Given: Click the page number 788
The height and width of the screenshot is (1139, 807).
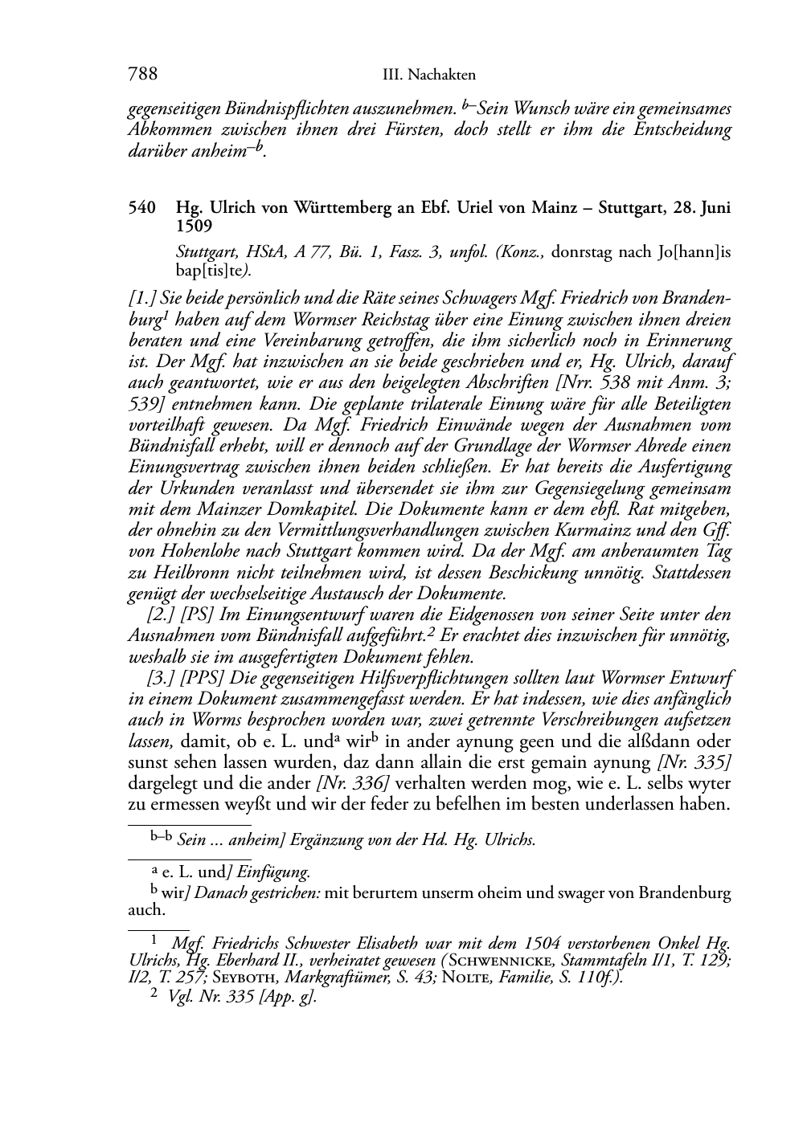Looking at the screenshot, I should click(x=142, y=75).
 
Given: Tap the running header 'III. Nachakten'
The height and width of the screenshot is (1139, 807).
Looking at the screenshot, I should click(x=430, y=76).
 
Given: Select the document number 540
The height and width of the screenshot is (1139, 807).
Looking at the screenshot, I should click(x=141, y=208).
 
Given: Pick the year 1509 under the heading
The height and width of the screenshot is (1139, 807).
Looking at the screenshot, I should click(x=192, y=226).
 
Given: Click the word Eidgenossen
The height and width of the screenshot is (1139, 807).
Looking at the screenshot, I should click(x=465, y=615).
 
